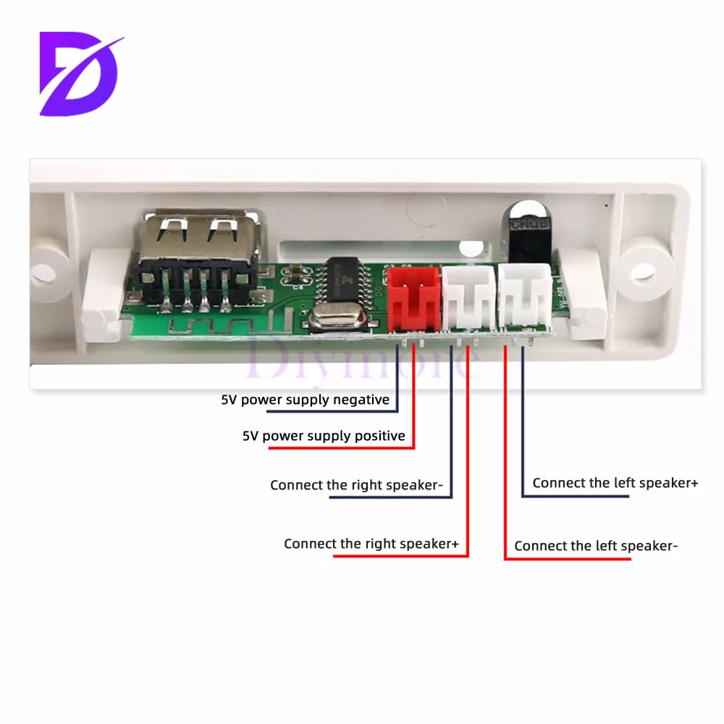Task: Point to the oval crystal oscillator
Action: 327,319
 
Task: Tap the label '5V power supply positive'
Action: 323,436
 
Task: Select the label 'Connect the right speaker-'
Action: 355,485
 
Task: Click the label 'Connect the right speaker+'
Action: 371,544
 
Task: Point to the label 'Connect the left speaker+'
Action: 615,483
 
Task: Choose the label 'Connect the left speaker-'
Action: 596,546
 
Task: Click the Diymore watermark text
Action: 355,358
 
